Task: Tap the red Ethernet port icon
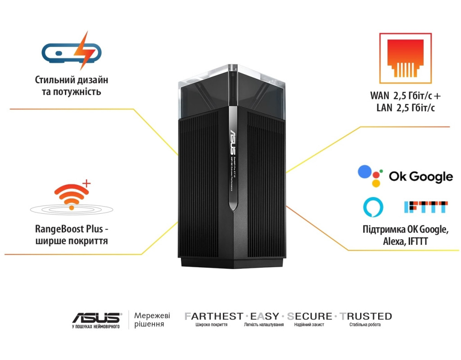[405, 58]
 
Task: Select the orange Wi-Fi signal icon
[70, 196]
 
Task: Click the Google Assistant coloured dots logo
[370, 176]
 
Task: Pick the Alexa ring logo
[373, 206]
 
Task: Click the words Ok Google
[421, 176]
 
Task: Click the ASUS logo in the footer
[96, 318]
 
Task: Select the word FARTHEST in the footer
[214, 316]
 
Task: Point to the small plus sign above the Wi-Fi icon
[87, 183]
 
